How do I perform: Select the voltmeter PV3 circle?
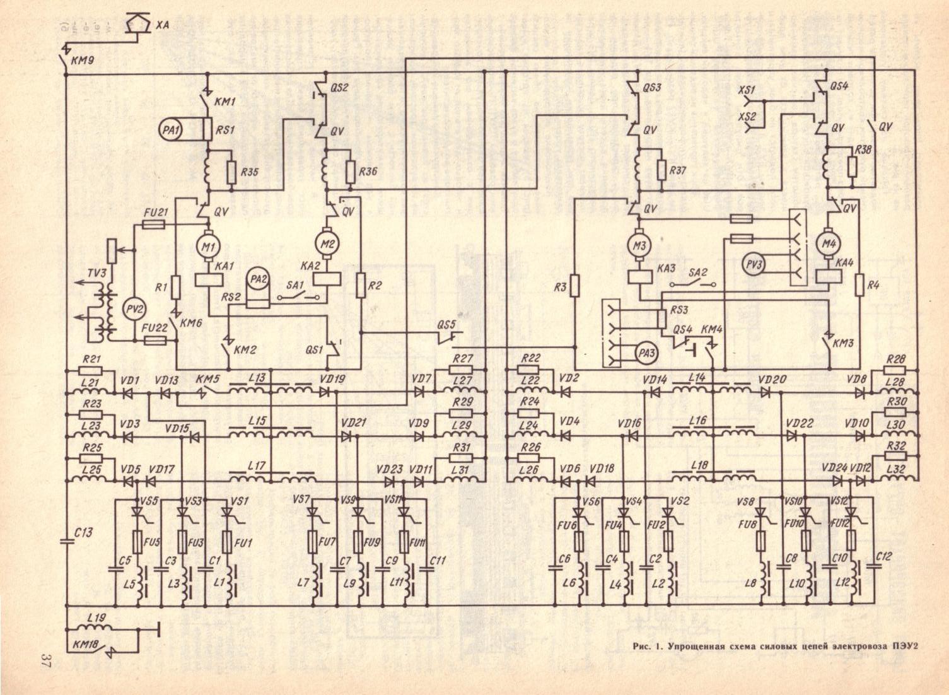[x=754, y=263]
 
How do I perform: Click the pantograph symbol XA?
[x=139, y=25]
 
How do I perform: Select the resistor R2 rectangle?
[x=361, y=285]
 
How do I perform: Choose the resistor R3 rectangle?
[x=574, y=285]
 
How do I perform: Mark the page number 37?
[x=45, y=661]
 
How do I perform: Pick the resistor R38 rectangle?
[x=852, y=166]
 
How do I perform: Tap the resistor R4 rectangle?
[x=859, y=284]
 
